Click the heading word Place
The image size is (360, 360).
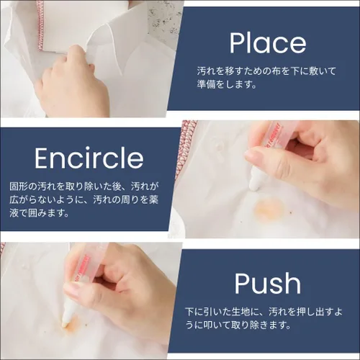268,42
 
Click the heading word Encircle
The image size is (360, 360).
89,158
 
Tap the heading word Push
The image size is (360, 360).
268,283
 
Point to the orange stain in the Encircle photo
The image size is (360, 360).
269,206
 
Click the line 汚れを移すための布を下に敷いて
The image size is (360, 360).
266,71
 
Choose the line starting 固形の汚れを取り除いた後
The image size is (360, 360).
84,186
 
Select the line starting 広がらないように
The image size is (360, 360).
84,199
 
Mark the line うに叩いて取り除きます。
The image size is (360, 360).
238,325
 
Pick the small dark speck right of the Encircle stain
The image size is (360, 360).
292,212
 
